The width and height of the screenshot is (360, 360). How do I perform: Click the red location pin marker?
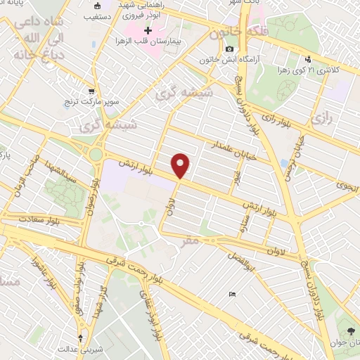(x=181, y=165)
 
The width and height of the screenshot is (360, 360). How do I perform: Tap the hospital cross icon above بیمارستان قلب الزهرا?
(x=148, y=32)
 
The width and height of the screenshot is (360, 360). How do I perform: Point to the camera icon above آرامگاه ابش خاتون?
(x=229, y=49)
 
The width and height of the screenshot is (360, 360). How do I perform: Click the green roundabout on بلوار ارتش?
(x=96, y=154)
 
